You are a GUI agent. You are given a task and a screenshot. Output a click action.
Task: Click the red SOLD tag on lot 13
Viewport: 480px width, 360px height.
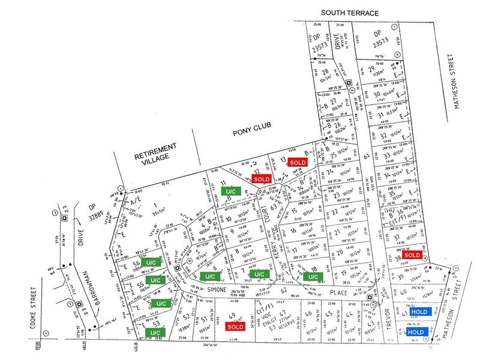point(298,163)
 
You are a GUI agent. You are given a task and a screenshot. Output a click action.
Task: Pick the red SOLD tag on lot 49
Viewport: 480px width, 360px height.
point(234,328)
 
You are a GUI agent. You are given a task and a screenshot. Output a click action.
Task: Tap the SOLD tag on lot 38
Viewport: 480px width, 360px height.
point(412,255)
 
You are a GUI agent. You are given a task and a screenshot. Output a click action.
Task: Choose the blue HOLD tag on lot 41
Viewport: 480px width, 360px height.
point(419,312)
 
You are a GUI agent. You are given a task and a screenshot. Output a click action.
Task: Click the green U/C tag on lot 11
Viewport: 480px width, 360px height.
point(230,191)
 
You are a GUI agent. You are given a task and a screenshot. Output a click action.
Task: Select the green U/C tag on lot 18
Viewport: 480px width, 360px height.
point(312,277)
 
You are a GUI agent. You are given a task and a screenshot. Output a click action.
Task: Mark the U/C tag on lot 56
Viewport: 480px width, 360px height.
point(154,262)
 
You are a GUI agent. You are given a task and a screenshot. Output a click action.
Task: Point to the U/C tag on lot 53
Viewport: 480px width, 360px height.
point(154,332)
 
